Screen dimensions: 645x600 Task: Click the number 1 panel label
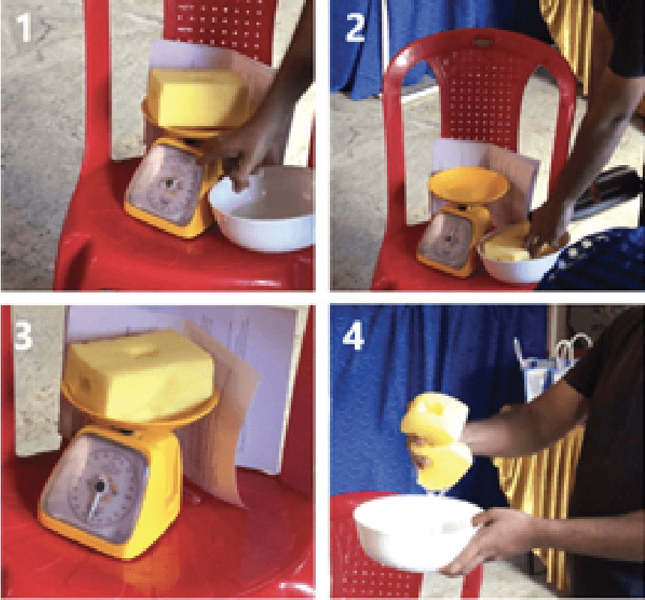(24, 27)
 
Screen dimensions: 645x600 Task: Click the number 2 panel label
(355, 27)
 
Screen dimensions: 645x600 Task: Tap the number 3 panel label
(23, 335)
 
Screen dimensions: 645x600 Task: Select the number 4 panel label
(354, 335)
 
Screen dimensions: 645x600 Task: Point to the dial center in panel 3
(100, 486)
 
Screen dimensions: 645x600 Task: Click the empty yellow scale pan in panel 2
(468, 185)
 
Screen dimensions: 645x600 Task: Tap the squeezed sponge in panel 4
(436, 441)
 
